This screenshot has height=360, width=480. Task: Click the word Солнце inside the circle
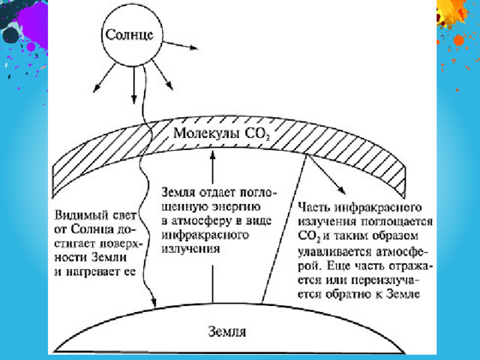coord(129,34)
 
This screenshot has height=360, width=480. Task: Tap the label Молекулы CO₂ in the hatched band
coord(221,133)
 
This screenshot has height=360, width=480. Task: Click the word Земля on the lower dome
coord(226,331)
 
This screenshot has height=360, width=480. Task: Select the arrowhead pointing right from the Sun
coord(193,47)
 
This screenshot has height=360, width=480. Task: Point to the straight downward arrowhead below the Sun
coord(133,99)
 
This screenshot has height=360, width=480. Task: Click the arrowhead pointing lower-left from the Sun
coord(96,88)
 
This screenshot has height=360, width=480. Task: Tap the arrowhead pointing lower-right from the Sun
coord(169,86)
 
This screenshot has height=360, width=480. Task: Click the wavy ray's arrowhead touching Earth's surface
coord(153,301)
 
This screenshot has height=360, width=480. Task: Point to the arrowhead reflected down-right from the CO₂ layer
coord(342,190)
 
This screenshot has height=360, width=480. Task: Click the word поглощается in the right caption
coord(397,222)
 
